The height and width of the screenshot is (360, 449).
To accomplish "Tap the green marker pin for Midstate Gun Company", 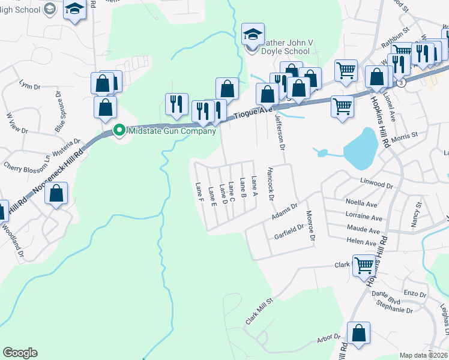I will click(119, 131).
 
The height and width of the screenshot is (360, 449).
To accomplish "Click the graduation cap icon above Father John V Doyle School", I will click(253, 34).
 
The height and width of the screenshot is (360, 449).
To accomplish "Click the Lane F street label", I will click(199, 191).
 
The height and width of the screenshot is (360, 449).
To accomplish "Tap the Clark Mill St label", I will click(259, 311).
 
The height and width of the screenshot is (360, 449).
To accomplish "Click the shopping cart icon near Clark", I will click(365, 264).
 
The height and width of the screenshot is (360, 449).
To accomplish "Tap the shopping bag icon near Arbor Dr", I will click(358, 334).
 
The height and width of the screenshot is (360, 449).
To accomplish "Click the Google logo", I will click(20, 353).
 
